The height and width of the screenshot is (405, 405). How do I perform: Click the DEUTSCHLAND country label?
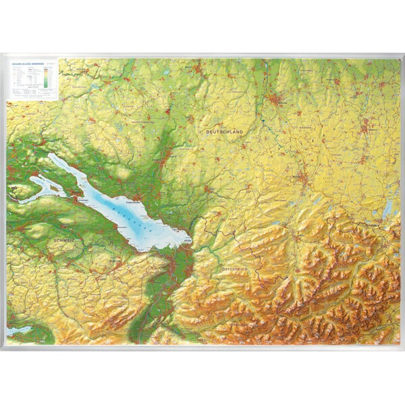pyautogui.click(x=224, y=132)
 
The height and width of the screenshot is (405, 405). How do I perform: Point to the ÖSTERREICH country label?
pyautogui.click(x=236, y=269)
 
